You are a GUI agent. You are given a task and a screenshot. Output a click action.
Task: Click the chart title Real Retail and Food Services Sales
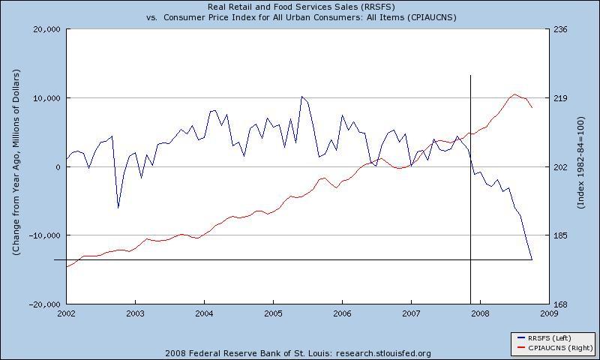(301, 7)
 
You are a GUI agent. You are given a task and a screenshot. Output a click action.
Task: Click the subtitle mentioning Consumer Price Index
(301, 17)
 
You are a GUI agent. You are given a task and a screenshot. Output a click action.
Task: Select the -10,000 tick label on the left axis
(43, 235)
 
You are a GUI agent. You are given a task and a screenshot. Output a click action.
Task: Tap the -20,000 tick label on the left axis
(43, 304)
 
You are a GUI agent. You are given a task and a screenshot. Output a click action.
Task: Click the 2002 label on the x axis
(66, 313)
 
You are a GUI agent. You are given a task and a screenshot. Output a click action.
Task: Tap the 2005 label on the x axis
(273, 313)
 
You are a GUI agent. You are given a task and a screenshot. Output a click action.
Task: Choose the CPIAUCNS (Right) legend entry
(552, 348)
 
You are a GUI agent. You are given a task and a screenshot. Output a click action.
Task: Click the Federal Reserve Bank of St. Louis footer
(301, 353)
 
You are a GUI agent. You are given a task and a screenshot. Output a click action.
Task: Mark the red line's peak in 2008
(514, 94)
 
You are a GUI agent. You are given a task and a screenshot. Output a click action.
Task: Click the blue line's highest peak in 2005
(301, 97)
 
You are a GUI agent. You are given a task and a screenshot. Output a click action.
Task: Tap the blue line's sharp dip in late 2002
(118, 208)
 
